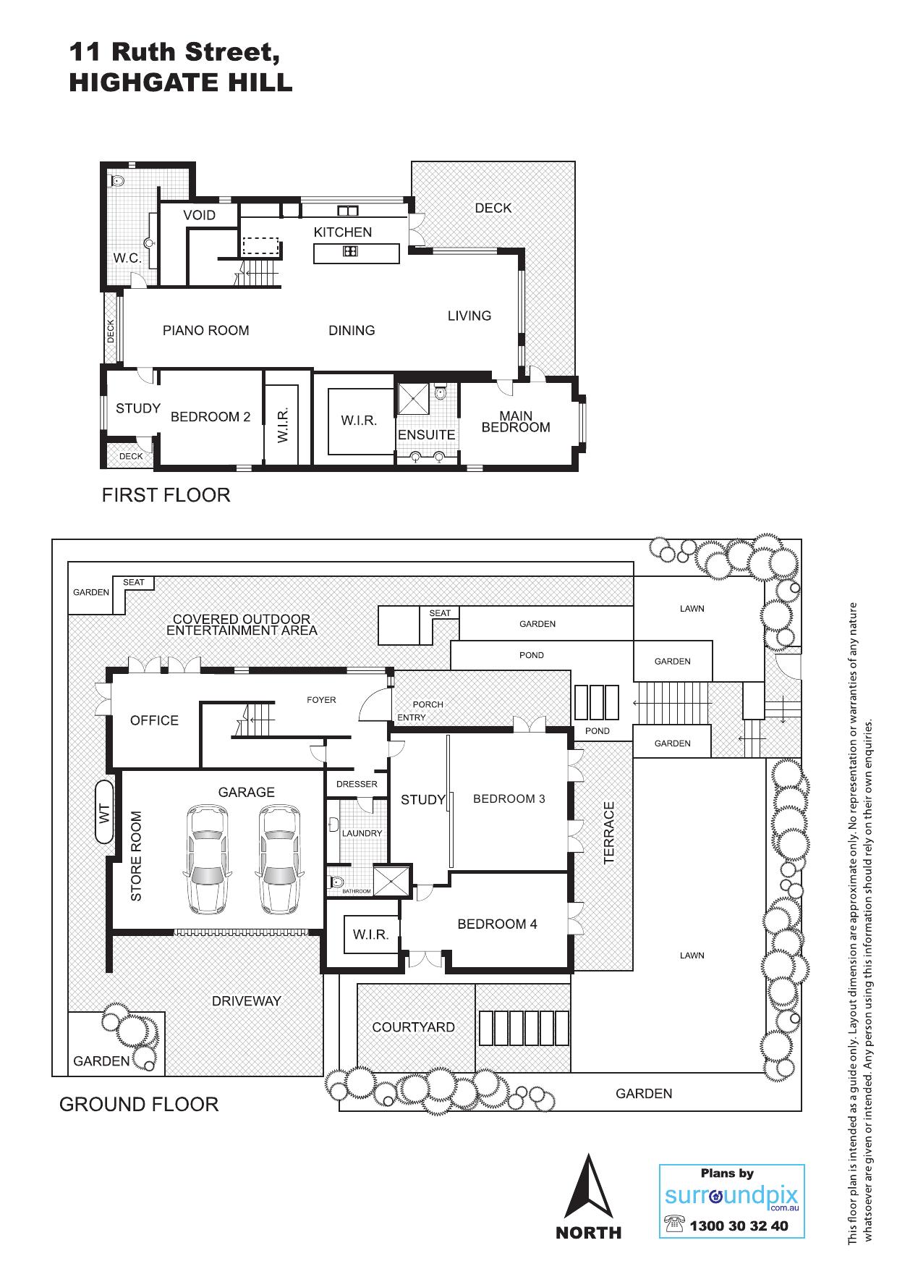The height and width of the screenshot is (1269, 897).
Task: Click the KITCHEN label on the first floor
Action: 343,232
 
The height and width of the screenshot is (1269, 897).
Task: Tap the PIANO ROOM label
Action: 205,331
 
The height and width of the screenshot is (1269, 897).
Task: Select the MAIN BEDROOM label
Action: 516,421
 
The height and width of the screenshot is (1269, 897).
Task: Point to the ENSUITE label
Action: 427,435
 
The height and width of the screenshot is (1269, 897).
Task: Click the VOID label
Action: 199,215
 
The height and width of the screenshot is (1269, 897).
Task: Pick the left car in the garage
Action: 206,859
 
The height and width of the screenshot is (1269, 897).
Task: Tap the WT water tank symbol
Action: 104,811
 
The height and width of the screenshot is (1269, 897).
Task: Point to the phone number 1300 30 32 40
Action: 739,1226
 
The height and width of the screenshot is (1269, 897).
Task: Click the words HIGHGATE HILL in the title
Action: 181,83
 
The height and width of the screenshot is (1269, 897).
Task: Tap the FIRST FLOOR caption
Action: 166,495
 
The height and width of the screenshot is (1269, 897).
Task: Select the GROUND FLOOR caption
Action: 138,1105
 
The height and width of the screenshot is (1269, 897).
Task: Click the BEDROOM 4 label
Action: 497,924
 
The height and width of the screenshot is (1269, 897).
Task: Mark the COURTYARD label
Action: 413,1027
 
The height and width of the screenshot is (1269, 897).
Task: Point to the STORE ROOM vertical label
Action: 136,856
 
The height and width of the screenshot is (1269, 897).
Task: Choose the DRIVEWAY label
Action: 246,1001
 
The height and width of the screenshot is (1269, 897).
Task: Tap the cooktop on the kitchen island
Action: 350,252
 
